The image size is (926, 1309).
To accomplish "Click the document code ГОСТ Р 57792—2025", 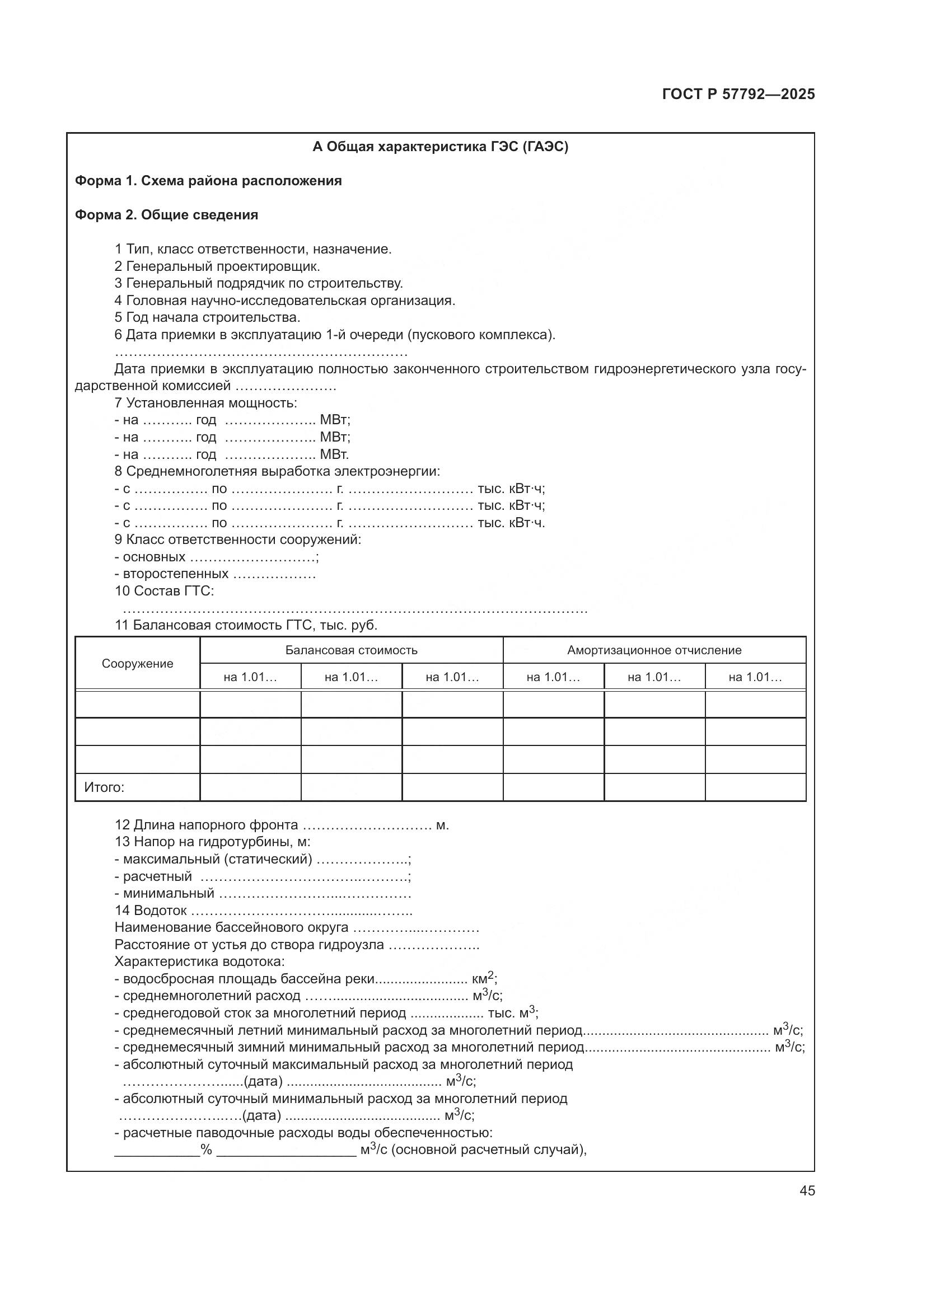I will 738,94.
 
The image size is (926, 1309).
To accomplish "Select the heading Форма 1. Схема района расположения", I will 209,181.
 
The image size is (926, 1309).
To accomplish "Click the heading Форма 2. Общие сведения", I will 166,215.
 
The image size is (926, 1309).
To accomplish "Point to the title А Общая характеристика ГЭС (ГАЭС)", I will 440,147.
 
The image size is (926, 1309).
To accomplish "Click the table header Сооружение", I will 137,663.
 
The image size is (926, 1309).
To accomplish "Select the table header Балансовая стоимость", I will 351,650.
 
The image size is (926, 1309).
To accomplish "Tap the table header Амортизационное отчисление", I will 654,650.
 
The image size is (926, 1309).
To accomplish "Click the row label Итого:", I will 104,787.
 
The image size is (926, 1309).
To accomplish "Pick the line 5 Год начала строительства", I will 208,317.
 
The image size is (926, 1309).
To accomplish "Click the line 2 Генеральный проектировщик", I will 217,266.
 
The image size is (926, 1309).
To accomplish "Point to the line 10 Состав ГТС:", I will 164,590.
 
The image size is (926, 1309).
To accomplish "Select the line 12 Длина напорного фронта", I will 207,825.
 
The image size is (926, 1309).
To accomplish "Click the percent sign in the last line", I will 206,1150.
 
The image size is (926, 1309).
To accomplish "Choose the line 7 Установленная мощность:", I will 206,403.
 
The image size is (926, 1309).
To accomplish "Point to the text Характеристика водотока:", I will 199,962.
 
